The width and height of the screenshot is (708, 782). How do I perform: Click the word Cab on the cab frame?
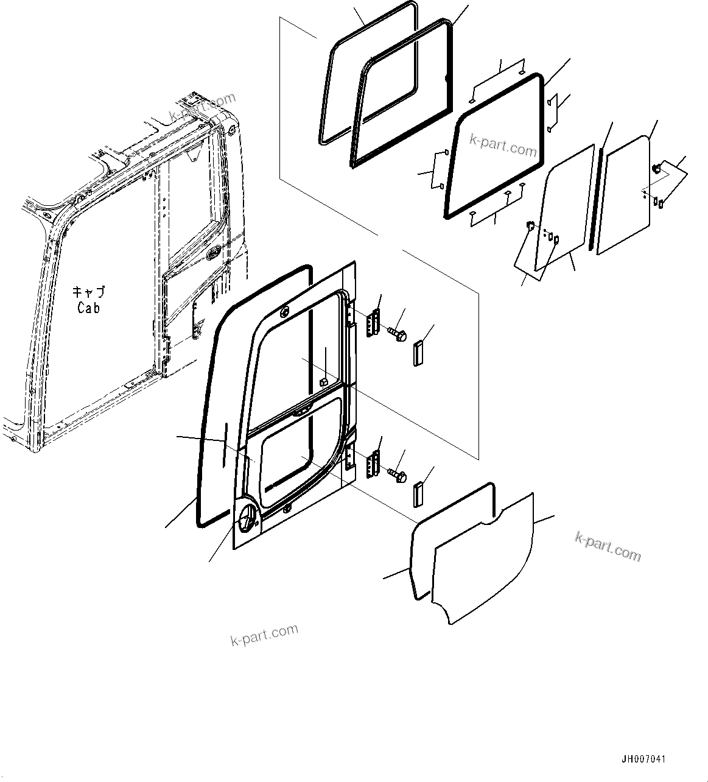88,308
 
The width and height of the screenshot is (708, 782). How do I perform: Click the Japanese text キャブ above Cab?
88,292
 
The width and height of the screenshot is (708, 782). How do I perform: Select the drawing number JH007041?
643,759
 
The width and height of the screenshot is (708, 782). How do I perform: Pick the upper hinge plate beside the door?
373,323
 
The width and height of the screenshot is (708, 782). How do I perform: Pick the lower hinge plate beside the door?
373,464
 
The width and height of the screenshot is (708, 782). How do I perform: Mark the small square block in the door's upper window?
324,382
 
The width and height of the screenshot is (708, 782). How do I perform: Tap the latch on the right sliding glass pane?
656,168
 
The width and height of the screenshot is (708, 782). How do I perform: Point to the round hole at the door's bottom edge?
287,509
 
